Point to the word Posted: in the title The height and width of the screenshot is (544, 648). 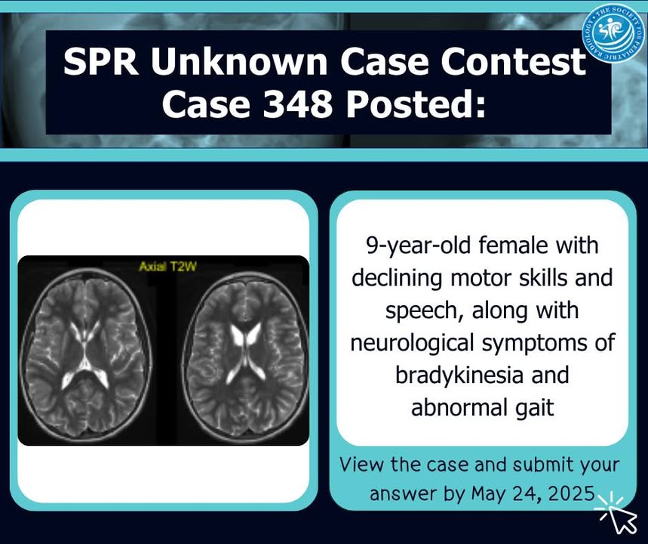(416, 104)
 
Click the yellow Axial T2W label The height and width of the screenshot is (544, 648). (167, 266)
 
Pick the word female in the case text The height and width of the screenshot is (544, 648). (512, 245)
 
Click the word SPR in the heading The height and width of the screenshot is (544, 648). (102, 61)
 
